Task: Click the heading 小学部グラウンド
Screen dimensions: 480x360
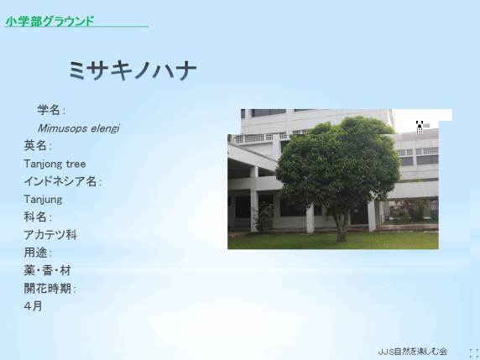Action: pos(50,21)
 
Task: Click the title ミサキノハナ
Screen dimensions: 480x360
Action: pos(133,70)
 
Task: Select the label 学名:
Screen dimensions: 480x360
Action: pos(51,110)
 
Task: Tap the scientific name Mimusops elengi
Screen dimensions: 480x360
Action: pos(78,128)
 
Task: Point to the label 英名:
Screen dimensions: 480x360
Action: pos(38,146)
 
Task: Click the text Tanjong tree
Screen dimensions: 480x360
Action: pos(55,164)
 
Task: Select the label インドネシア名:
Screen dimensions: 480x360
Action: pos(62,181)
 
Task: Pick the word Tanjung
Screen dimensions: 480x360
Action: pos(43,200)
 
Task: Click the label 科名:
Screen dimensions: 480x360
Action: pos(38,217)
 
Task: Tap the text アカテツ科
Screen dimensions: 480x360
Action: pos(50,235)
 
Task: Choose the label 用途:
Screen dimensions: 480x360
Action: pos(38,253)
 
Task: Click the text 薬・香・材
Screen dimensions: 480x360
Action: pos(48,270)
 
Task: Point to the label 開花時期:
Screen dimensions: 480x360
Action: pos(50,289)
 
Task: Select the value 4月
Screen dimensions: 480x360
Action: pos(33,306)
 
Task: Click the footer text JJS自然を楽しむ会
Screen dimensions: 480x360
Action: pos(413,352)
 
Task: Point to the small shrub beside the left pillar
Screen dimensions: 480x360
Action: pos(264,217)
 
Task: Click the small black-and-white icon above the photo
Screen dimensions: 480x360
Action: pos(420,127)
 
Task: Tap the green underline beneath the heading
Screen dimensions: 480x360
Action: pos(77,27)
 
